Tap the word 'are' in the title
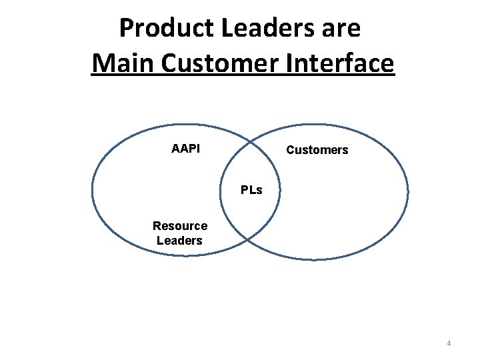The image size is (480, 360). [341, 29]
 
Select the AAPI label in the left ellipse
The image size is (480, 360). [185, 149]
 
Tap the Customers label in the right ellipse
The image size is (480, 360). [317, 150]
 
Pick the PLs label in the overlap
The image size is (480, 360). [251, 190]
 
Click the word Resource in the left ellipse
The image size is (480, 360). [180, 226]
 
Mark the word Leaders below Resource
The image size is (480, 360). [179, 240]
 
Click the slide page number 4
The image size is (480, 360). [449, 343]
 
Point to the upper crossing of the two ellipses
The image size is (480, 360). [251, 141]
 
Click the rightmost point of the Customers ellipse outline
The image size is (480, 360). [408, 191]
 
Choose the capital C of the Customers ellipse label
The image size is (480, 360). [290, 150]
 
